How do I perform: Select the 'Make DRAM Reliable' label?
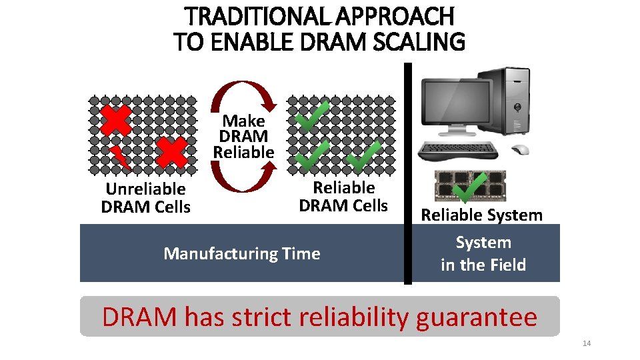243,137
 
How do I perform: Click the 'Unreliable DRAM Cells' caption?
145,198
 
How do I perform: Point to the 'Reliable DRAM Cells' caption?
343,197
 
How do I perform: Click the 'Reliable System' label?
481,215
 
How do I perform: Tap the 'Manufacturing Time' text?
241,253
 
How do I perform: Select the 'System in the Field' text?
483,253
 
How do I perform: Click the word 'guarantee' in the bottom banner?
476,317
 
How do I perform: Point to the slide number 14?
587,343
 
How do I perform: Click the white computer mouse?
519,149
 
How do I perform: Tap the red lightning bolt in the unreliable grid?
120,157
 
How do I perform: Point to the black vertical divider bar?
408,173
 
